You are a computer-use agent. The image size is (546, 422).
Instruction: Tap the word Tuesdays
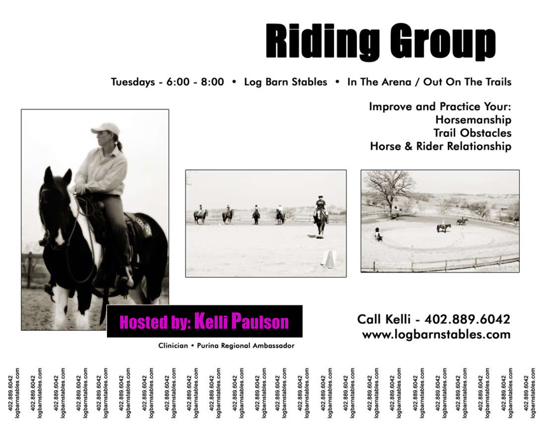pos(133,82)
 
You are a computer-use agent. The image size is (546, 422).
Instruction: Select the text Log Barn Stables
pos(286,82)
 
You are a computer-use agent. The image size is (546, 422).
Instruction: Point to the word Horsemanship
pos(473,120)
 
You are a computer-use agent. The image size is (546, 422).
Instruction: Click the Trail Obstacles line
pos(473,133)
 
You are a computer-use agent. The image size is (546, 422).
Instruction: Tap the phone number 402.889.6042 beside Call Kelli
pos(467,320)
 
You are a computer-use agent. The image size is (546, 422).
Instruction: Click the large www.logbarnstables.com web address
pos(437,335)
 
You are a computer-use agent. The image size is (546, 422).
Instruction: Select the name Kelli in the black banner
pos(211,321)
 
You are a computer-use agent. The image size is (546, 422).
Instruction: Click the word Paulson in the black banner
pos(260,321)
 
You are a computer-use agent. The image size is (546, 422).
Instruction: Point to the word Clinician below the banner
pos(173,346)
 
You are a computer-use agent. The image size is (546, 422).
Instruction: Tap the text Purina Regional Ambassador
pos(246,346)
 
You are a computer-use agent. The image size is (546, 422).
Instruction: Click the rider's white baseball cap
pos(106,129)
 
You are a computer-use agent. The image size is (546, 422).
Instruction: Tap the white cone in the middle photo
pos(328,258)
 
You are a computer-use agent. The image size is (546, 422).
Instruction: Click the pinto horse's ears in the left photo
pos(58,176)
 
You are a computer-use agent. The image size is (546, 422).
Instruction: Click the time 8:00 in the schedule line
pos(213,82)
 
